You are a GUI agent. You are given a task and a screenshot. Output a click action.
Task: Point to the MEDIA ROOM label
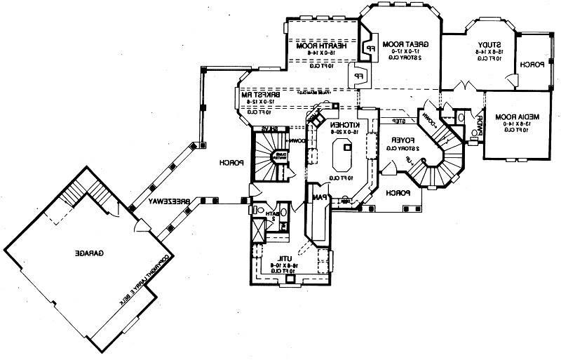515,116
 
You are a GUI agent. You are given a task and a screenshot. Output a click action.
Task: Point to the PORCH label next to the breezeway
231,163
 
